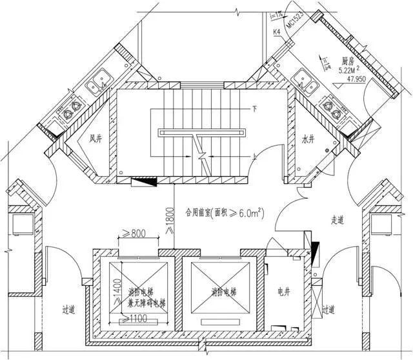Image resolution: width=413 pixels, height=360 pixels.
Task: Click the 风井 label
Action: (x=97, y=138)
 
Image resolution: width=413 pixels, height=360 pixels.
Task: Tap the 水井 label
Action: (x=308, y=138)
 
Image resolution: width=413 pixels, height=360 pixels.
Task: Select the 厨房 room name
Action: (x=348, y=62)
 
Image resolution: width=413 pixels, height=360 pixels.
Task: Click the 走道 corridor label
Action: (x=337, y=220)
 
